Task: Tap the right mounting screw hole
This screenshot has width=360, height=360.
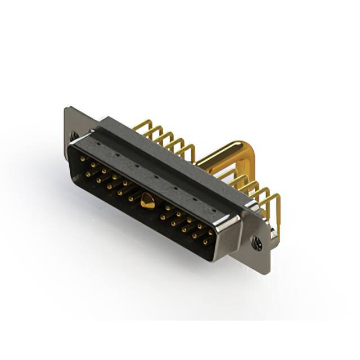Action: point(257,244)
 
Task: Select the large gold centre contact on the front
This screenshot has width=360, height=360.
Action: point(147,200)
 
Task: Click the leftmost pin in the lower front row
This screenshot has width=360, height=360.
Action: point(88,174)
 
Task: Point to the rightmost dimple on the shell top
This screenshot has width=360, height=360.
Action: point(213,206)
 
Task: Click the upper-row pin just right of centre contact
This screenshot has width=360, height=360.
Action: point(168,208)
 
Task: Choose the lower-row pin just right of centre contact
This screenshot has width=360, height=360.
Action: point(163,217)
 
